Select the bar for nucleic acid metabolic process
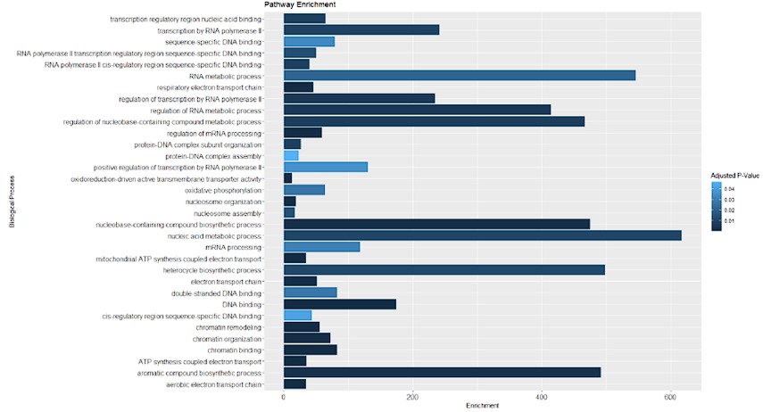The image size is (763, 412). [x=482, y=235]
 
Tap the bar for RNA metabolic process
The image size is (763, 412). [x=459, y=75]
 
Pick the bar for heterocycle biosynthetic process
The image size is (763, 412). [x=444, y=270]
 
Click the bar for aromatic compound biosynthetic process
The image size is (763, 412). [x=442, y=372]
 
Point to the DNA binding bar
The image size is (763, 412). [x=339, y=304]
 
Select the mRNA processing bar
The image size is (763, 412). [x=321, y=247]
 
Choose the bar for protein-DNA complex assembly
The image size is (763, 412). [x=290, y=155]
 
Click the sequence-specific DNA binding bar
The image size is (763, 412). [x=309, y=41]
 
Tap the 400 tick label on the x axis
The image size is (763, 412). [x=542, y=397]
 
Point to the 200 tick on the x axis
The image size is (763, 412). [x=412, y=397]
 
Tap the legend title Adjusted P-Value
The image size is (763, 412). [x=734, y=176]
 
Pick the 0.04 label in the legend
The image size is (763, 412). [x=729, y=189]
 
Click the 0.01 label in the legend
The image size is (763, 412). [x=729, y=219]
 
